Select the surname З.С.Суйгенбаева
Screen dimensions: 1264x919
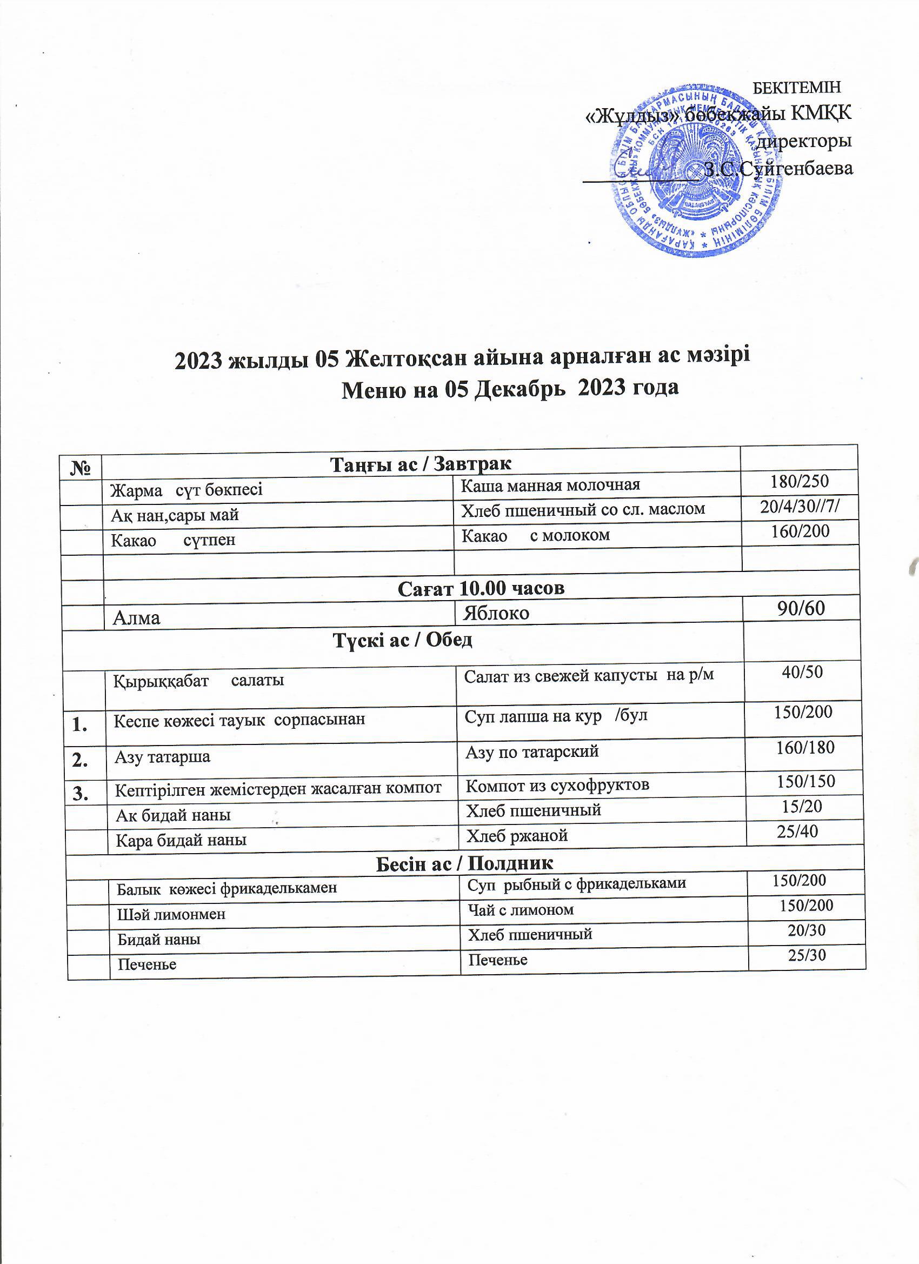(x=779, y=169)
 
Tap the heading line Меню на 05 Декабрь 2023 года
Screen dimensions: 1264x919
(x=509, y=388)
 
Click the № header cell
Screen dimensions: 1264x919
(x=82, y=465)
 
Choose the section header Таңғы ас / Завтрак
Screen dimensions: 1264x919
(x=421, y=464)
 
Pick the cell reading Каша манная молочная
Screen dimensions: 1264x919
(x=551, y=485)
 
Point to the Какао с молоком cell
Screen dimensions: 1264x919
(x=536, y=535)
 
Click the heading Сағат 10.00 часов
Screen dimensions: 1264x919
(x=482, y=589)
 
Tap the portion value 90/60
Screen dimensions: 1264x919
(x=803, y=609)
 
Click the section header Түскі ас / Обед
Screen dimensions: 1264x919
(x=402, y=640)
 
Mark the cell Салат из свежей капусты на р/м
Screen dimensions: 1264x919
(x=589, y=675)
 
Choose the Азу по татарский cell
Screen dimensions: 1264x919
(x=532, y=752)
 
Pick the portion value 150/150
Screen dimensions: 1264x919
(x=806, y=781)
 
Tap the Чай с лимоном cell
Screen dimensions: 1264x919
(x=521, y=910)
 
